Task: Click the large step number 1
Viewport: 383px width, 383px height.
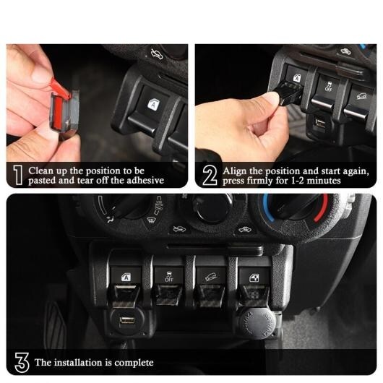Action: (x=17, y=175)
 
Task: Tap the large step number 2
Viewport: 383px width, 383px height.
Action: (x=210, y=175)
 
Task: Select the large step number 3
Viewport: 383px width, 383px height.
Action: (x=22, y=362)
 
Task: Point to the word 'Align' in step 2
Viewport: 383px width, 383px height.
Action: (x=234, y=171)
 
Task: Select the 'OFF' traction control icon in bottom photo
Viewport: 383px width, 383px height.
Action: (x=169, y=277)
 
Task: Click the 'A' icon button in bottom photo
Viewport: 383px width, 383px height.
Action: (x=126, y=277)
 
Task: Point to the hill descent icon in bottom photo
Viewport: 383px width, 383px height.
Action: (x=211, y=277)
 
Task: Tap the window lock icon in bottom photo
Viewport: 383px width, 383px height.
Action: (x=254, y=277)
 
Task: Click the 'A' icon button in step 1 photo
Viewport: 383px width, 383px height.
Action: (x=153, y=105)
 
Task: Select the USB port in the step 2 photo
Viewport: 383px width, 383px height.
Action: (x=319, y=122)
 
